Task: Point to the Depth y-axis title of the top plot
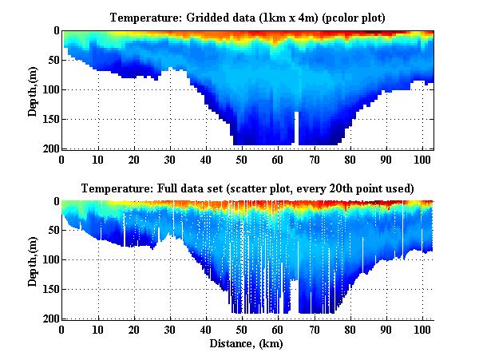pyautogui.click(x=33, y=89)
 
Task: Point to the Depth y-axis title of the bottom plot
pyautogui.click(x=33, y=260)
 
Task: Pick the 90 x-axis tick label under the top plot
pyautogui.click(x=386, y=159)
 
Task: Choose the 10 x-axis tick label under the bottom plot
pyautogui.click(x=98, y=330)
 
